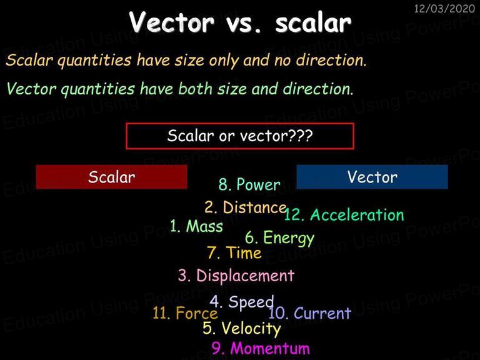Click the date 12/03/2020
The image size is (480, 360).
click(x=444, y=9)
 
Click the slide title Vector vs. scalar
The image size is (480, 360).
click(x=240, y=22)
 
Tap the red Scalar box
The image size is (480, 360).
click(x=111, y=177)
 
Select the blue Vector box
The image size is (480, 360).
click(x=372, y=177)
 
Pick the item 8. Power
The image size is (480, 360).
click(x=249, y=184)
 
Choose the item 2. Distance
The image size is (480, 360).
click(x=246, y=207)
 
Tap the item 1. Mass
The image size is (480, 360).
click(x=196, y=226)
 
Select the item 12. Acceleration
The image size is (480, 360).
click(x=344, y=214)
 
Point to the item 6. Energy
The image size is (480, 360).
click(x=279, y=238)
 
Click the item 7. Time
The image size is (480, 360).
click(x=234, y=253)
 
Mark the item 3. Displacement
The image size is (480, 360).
click(x=236, y=276)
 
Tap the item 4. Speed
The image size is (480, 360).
click(x=242, y=302)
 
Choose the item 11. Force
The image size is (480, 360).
click(x=185, y=313)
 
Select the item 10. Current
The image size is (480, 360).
click(x=309, y=313)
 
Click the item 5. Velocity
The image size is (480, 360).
click(x=241, y=329)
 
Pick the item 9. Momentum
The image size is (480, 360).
click(x=261, y=348)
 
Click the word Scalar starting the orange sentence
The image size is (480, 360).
click(x=29, y=60)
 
